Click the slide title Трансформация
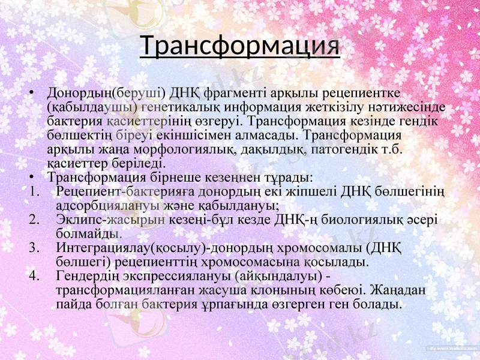[240, 46]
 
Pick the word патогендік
[342, 149]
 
